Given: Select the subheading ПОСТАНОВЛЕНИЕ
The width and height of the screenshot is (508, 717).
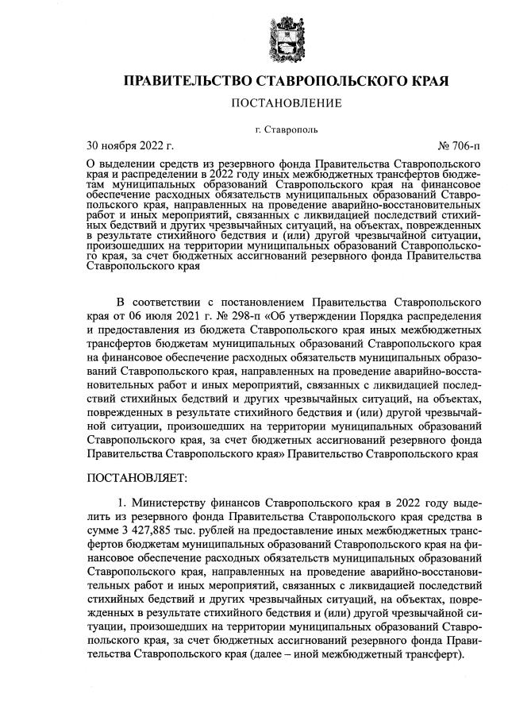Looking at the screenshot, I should coord(287,103).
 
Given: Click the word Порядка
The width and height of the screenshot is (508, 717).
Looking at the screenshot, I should coord(364,318).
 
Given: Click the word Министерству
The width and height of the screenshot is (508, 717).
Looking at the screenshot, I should coord(168,503).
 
